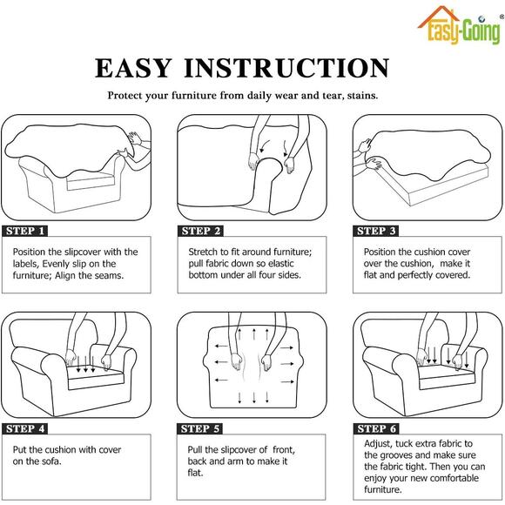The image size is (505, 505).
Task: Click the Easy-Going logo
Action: click(460, 25)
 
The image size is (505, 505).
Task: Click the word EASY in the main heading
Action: click(132, 68)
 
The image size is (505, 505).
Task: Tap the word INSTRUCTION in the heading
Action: click(286, 68)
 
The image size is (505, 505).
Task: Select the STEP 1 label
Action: click(24, 231)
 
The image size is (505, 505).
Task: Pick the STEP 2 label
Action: click(200, 231)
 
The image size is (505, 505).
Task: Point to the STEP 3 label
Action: click(376, 231)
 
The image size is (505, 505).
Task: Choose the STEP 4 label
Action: click(24, 428)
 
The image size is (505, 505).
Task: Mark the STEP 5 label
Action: click(199, 428)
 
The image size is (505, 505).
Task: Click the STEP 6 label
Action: click(376, 428)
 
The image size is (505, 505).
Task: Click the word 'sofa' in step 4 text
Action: click(51, 461)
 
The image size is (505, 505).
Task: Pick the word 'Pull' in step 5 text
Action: click(194, 449)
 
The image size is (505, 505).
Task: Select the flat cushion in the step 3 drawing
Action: click(428, 180)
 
